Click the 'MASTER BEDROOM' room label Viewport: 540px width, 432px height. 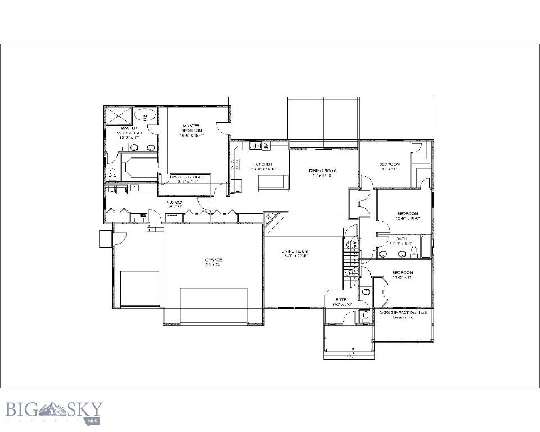(x=191, y=130)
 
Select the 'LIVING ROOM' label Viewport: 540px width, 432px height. (x=295, y=253)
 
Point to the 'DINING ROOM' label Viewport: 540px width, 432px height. (x=322, y=173)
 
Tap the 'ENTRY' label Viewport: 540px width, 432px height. (x=342, y=302)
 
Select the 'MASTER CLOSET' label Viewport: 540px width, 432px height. (x=190, y=179)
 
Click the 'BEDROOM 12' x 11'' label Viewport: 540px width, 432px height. (x=389, y=166)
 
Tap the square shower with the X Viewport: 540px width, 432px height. (x=119, y=116)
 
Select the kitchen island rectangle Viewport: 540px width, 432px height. (x=273, y=182)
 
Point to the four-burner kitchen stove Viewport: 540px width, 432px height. (x=235, y=165)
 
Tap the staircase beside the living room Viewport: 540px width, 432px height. (x=351, y=259)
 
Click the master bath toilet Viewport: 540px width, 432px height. (x=112, y=174)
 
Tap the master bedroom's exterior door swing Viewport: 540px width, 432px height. (x=223, y=128)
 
